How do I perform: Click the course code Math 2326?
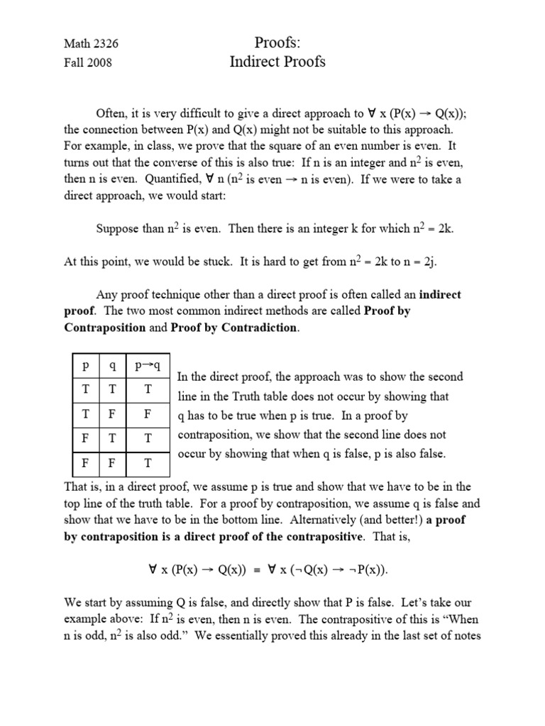pos(92,43)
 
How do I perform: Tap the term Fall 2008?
pos(88,62)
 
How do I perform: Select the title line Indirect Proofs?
pos(277,62)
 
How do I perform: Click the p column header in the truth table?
pos(85,366)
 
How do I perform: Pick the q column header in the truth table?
pos(112,366)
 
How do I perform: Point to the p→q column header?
pos(148,366)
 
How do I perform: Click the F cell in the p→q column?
pos(148,414)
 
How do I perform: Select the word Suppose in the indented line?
pos(118,229)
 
